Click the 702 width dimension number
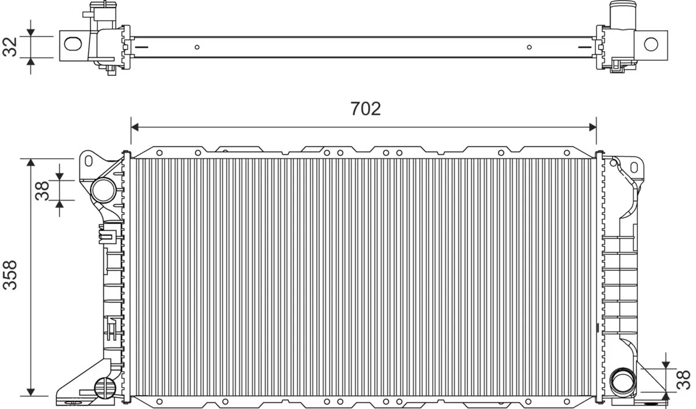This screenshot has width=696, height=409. pos(365,108)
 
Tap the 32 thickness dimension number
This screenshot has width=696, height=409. pos(10,47)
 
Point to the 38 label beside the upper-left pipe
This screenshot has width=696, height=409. pos(43,189)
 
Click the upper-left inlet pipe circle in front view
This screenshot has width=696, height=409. pos(103,189)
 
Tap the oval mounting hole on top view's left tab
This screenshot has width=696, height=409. pos(72,43)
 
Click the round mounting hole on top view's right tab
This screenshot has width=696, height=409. pos(651,43)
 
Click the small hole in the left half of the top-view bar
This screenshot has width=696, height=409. pos(197,48)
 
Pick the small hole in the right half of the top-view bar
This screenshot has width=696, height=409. pos(528,48)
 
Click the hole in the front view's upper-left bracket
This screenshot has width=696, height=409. pos(89,159)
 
